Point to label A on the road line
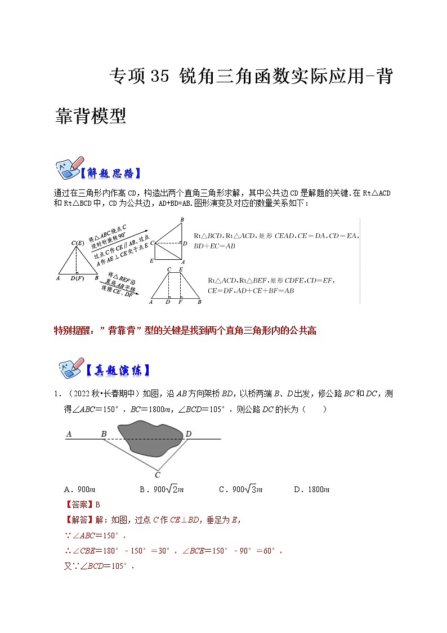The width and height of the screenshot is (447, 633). pos(68,433)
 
